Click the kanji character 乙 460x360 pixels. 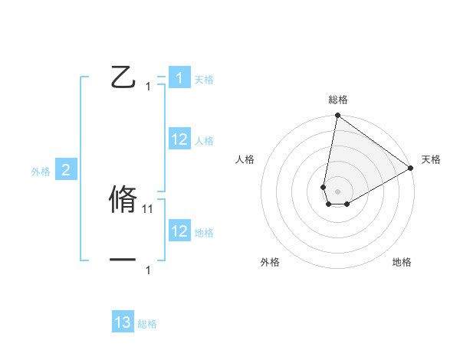pos(123,77)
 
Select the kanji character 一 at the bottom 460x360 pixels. pos(123,260)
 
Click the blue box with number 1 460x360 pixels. pos(179,78)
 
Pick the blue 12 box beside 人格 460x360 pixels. pos(179,139)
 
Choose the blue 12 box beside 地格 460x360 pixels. pos(179,231)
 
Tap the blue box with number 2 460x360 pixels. pos(65,171)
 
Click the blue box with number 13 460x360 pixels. pos(123,322)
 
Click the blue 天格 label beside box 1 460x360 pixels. pos(204,80)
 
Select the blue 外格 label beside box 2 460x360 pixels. pos(41,172)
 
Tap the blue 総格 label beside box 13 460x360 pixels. pos(147,324)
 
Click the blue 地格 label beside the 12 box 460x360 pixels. pos(204,233)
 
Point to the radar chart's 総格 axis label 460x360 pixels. pos(338,100)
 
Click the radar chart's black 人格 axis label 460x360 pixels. pos(245,159)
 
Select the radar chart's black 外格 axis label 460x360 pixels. pos(270,263)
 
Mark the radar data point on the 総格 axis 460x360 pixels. pos(337,116)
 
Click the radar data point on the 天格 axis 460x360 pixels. pos(410,169)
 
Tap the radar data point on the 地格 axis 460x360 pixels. pos(347,204)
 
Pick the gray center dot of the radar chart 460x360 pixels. pos(337,190)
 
